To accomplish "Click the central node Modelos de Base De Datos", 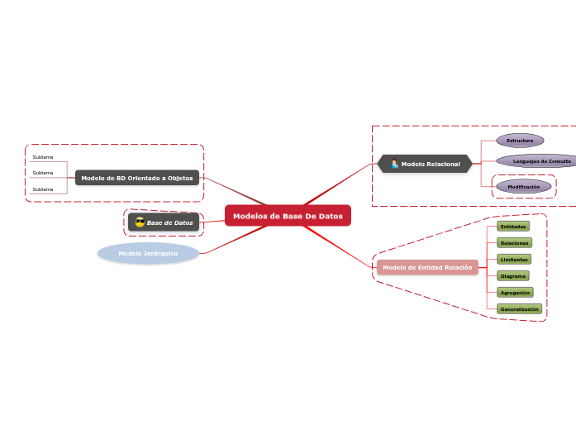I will click(288, 216).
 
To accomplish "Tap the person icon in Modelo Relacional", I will click(394, 164).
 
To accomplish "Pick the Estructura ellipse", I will click(520, 141).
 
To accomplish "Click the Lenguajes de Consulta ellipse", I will click(538, 160).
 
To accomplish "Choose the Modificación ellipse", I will click(523, 187).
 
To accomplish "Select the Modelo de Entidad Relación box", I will click(427, 267).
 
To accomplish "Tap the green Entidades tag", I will click(512, 226).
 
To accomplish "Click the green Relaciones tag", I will click(514, 243).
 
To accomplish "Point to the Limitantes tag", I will click(514, 259).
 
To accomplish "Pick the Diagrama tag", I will click(513, 275).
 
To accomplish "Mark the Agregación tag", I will click(515, 292).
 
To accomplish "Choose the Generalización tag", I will click(519, 308).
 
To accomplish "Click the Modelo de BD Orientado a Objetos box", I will click(137, 178).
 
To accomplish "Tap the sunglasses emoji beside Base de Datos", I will click(140, 222).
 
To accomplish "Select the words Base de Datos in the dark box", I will click(169, 222).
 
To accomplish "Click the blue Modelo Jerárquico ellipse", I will click(148, 253).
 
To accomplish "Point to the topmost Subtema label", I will click(43, 157).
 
